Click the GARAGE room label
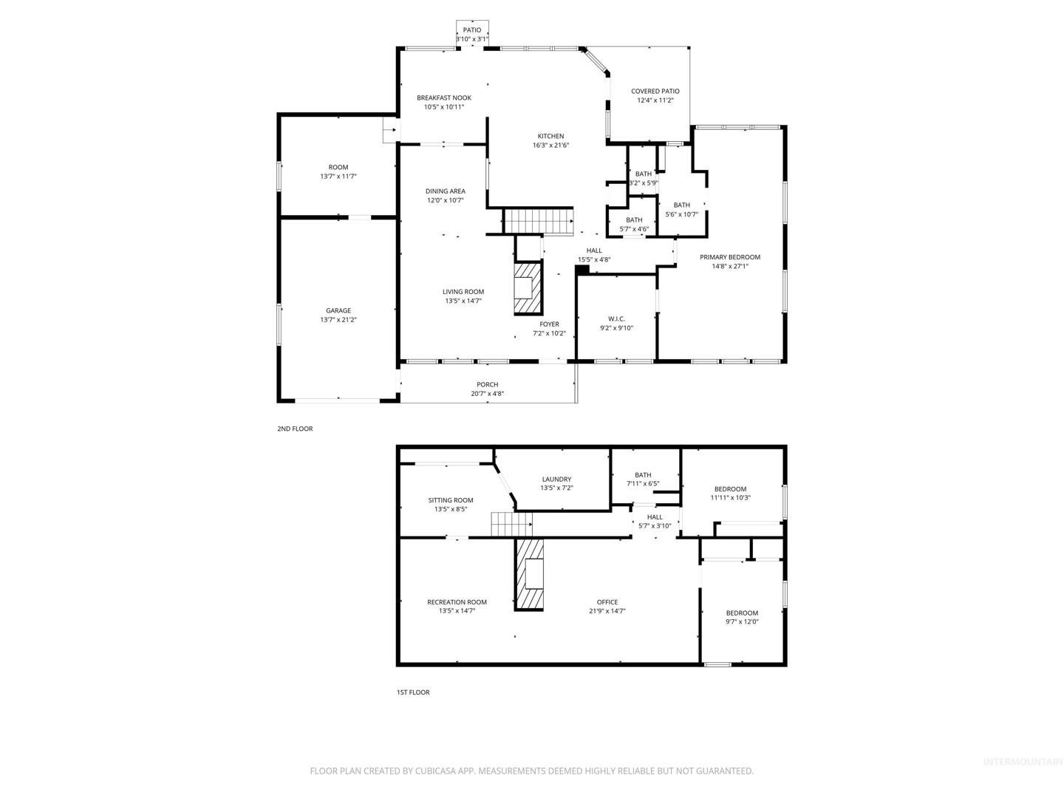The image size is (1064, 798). point(338,310)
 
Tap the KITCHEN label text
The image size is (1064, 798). point(550,136)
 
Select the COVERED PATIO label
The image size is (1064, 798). point(655,91)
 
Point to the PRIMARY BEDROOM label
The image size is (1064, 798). point(729,257)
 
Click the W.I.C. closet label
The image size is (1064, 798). point(616,318)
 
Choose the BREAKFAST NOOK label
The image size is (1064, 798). point(443,98)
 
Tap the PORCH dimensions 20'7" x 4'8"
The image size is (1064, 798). point(487,394)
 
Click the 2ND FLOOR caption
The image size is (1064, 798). point(295,429)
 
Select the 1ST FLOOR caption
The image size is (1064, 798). point(413,692)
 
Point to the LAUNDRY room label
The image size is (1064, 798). point(556,480)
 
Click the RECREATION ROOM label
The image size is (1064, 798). point(457,602)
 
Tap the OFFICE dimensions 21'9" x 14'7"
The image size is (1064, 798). point(607,611)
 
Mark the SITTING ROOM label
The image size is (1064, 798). point(450,500)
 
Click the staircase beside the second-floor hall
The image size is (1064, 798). point(538,221)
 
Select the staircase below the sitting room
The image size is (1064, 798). point(511,525)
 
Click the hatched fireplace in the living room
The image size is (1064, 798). point(528,288)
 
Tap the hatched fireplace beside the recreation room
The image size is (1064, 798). point(529,574)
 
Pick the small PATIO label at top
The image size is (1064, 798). point(471,30)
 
